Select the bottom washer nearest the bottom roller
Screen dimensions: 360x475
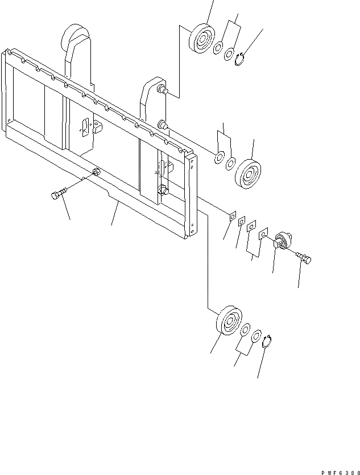245,331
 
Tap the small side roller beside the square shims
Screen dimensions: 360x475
283,240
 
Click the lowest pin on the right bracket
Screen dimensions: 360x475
164,191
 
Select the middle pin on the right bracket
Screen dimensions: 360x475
163,124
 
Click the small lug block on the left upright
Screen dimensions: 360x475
95,128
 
